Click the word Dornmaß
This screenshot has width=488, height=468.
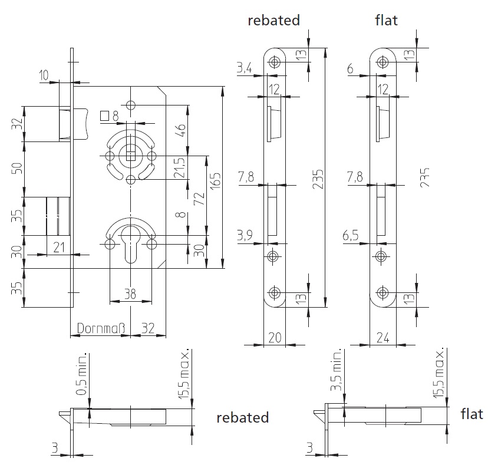click(101, 328)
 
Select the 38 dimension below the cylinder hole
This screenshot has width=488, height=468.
click(130, 294)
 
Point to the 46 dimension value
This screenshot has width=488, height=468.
click(181, 130)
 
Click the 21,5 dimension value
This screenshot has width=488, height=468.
click(180, 168)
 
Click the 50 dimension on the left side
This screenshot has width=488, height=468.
click(18, 169)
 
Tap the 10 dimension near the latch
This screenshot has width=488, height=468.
click(44, 75)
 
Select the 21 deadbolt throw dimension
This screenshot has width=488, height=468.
click(59, 248)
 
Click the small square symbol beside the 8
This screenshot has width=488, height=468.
click(104, 116)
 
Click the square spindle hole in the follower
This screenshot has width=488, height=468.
click(131, 155)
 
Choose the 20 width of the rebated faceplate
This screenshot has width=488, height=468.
click(275, 338)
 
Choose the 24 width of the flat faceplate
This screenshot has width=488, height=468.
click(383, 338)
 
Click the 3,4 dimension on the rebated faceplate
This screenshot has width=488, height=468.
click(245, 68)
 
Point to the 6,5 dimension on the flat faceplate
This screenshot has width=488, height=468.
click(351, 236)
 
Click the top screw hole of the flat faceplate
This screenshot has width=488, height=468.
click(383, 62)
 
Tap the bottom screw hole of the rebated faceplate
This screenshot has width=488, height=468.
click(274, 292)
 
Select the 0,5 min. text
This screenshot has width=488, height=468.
click(82, 374)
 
